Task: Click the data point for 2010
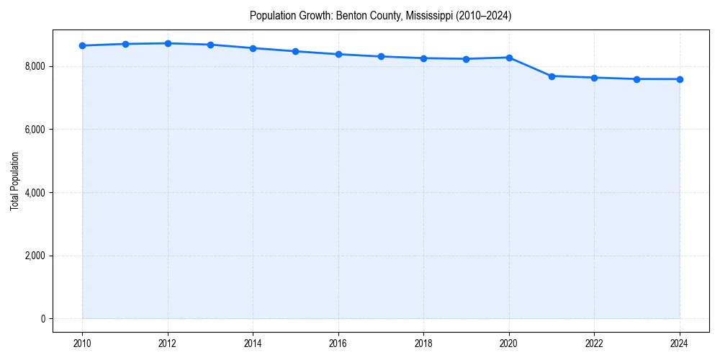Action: (83, 45)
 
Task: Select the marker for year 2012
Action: (168, 43)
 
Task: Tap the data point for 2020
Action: (509, 58)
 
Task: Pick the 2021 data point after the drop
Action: (552, 76)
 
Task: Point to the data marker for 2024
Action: (680, 79)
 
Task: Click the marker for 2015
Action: (296, 51)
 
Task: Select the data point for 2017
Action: (381, 56)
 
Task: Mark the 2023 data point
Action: (637, 79)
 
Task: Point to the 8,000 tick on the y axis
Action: (34, 66)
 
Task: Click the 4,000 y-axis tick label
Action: (34, 193)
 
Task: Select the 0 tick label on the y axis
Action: (42, 319)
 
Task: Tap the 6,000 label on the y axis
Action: (34, 130)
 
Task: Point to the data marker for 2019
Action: (467, 59)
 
